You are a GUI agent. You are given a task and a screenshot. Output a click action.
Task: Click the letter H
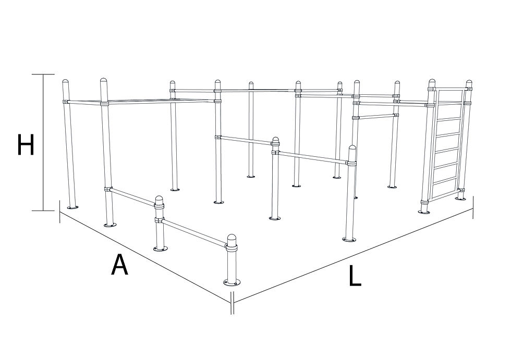pyautogui.click(x=26, y=144)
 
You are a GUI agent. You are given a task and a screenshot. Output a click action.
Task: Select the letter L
pyautogui.click(x=355, y=276)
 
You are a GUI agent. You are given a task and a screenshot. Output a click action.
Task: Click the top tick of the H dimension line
pyautogui.click(x=43, y=74)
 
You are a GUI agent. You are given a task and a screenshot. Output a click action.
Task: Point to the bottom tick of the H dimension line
pyautogui.click(x=43, y=210)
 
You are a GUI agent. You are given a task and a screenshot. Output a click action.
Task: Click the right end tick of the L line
pyautogui.click(x=473, y=208)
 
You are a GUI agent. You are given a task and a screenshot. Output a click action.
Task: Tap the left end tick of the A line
pyautogui.click(x=60, y=212)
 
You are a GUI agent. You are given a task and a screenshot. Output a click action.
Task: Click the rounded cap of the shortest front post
pyautogui.click(x=232, y=239)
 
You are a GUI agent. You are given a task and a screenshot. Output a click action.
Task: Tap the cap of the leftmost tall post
pyautogui.click(x=66, y=82)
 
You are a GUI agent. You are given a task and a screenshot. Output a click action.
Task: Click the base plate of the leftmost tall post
pyautogui.click(x=72, y=207)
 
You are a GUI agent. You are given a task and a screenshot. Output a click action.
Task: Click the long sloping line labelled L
pyautogui.click(x=354, y=255)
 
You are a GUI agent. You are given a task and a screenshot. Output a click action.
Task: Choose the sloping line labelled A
pyautogui.click(x=145, y=257)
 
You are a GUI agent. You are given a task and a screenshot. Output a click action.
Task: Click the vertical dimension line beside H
pyautogui.click(x=43, y=142)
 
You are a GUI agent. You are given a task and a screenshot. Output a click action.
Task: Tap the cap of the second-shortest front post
pyautogui.click(x=159, y=200)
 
